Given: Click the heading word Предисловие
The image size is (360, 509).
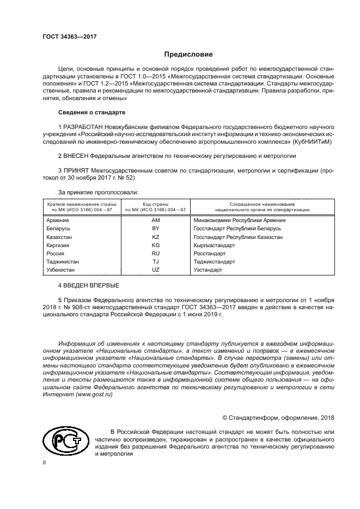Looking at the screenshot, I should (x=188, y=54).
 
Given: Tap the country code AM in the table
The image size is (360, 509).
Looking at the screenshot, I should (x=155, y=220).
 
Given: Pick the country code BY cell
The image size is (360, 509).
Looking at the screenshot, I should (x=155, y=229).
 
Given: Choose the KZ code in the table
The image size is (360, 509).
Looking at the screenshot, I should (x=155, y=237).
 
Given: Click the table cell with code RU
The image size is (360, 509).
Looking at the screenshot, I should (x=155, y=254).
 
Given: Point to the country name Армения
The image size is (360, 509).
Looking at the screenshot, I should (x=58, y=220).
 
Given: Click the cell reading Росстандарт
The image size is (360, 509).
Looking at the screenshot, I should (x=209, y=254).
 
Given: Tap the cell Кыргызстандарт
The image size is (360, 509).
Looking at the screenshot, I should (x=213, y=246).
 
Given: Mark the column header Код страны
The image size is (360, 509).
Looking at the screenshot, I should (x=155, y=203).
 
